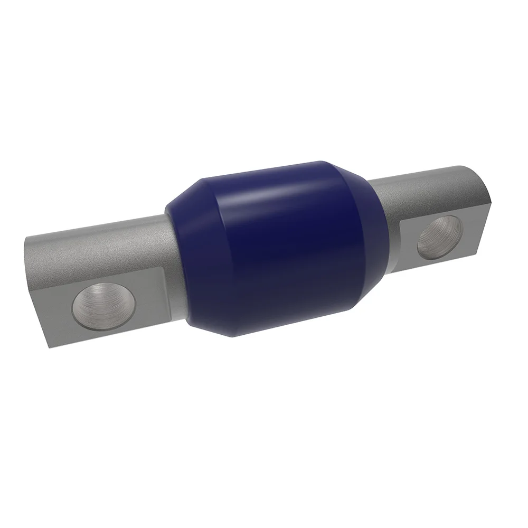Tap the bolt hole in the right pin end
[437, 239]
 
